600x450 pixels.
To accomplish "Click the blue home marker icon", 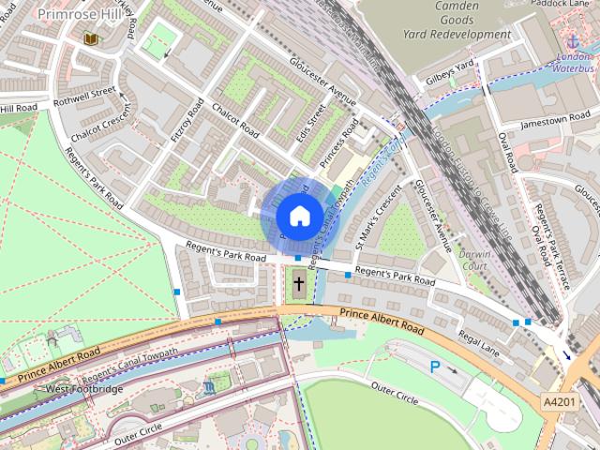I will tap(298, 216).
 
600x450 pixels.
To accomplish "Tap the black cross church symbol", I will tap(299, 283).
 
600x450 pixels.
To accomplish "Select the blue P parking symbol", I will tap(435, 367).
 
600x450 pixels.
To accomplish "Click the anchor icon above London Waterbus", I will tap(571, 41).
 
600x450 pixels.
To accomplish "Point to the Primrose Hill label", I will tap(77, 15).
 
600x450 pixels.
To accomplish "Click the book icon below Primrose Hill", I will tap(90, 39).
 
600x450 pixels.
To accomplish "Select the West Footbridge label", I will tap(83, 388).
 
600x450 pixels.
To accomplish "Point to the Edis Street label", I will tap(317, 123).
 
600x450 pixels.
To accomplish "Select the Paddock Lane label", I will tap(562, 3).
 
